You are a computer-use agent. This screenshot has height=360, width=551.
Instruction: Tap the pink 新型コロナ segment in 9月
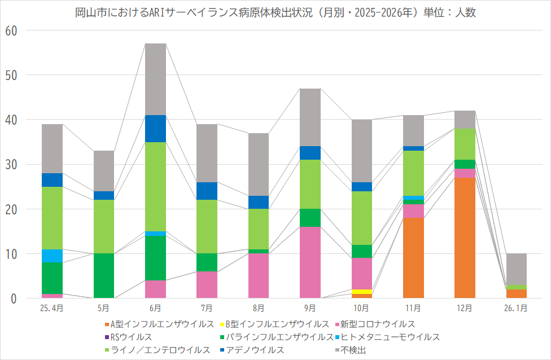click(310, 262)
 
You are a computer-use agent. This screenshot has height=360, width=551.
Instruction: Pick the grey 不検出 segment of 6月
click(155, 79)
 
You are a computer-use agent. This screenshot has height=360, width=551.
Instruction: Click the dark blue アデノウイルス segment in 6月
click(155, 129)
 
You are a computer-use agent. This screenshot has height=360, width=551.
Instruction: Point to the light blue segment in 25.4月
click(52, 256)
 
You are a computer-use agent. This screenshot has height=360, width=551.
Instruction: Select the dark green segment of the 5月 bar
click(104, 276)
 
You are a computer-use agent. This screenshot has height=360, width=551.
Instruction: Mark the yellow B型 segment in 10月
click(362, 292)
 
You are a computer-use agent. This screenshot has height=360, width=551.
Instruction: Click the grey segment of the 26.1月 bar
click(517, 269)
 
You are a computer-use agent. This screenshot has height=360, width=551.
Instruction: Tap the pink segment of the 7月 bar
click(207, 284)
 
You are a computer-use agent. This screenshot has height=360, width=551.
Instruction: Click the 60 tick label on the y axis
click(11, 30)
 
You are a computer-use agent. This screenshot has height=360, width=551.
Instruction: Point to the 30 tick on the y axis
click(11, 165)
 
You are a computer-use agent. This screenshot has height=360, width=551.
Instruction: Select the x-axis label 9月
click(310, 308)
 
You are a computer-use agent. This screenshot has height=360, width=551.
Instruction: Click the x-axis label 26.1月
click(517, 308)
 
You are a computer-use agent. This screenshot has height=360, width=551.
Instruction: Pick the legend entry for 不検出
click(351, 350)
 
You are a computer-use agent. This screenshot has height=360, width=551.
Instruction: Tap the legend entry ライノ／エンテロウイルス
click(158, 350)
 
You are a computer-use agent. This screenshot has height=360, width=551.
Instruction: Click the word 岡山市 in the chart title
click(88, 12)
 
